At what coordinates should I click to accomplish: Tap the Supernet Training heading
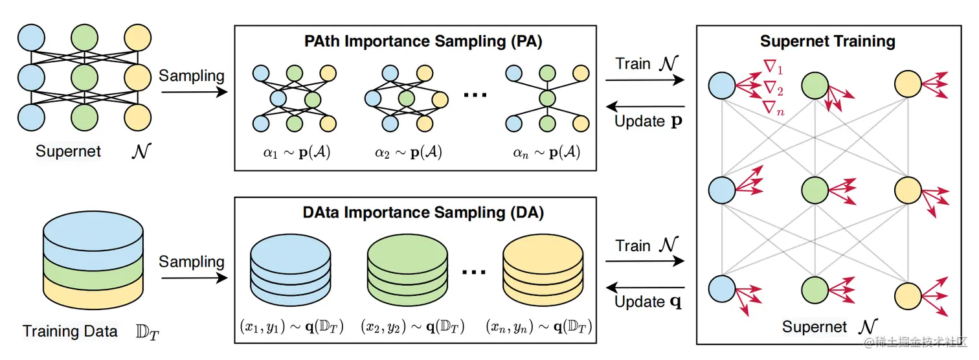coord(827,41)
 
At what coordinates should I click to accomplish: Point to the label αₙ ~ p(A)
coord(546,153)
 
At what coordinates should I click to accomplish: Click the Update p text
coord(648,121)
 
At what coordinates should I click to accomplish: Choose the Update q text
coord(648,302)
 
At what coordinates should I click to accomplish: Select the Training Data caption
coord(70,332)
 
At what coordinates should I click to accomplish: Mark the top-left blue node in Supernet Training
coord(722,85)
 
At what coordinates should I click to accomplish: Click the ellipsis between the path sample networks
coord(475,95)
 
